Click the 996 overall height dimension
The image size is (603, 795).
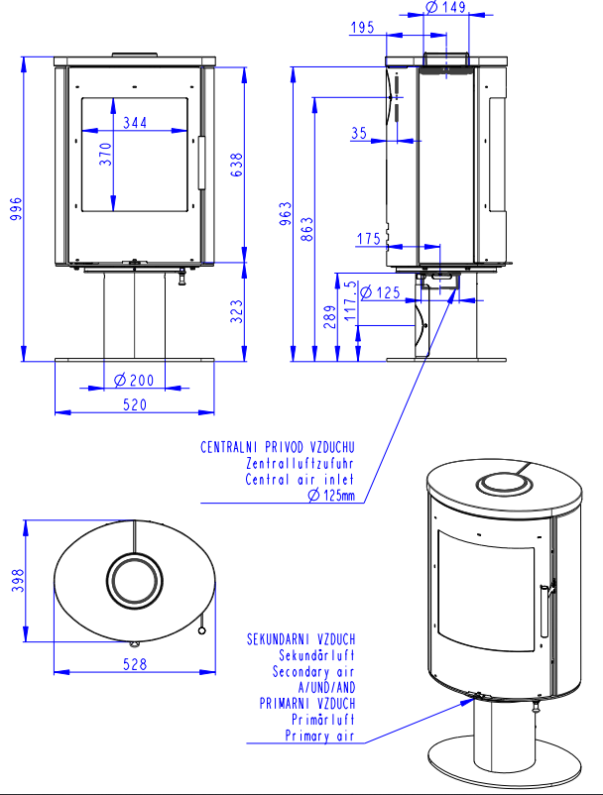(16, 209)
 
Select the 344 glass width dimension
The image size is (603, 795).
(135, 123)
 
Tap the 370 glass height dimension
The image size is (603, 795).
(105, 154)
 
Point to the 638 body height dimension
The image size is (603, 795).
(237, 165)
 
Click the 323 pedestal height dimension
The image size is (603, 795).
(237, 311)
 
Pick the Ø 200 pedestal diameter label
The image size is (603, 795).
(134, 381)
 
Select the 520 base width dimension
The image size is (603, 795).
(135, 404)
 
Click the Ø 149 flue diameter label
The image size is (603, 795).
(445, 7)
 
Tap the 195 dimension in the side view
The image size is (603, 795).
(362, 28)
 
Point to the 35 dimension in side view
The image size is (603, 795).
(359, 134)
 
